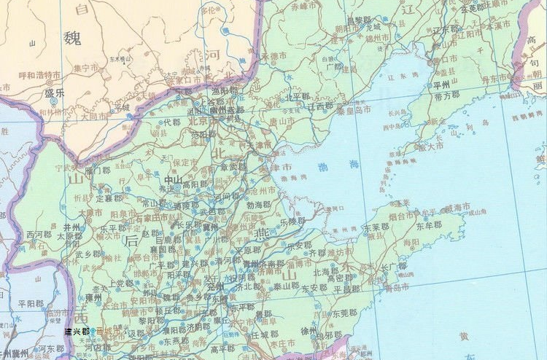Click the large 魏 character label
73,38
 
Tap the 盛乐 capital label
55,93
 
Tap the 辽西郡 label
320,106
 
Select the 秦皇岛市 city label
353,109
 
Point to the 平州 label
441,84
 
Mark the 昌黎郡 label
358,20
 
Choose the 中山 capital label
174,179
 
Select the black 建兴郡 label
77,330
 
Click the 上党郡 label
117,284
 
